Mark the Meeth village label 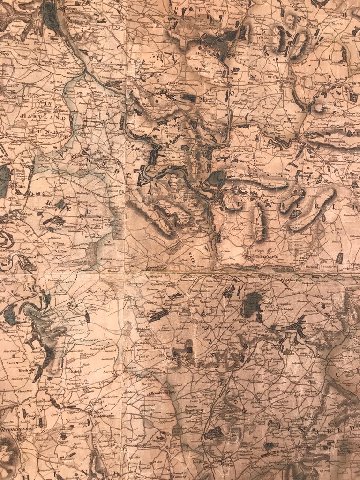pos(26,370)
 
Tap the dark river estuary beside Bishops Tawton pos(49,16)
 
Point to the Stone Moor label pos(14,352)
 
